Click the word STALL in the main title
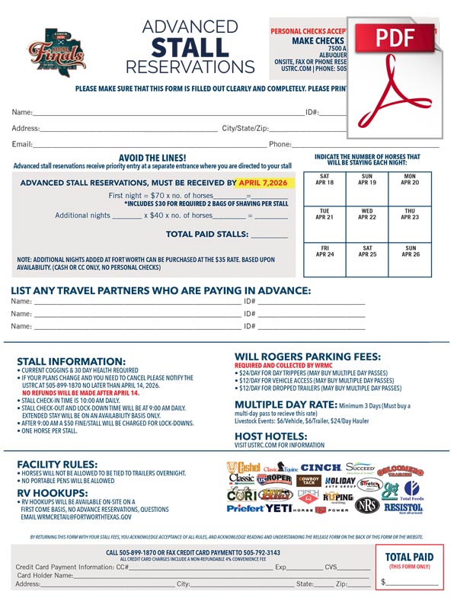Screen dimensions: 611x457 (190, 46)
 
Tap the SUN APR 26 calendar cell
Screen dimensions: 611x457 (410, 259)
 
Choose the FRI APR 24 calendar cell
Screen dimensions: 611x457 (324, 259)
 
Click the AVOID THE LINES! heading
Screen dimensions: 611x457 (152, 156)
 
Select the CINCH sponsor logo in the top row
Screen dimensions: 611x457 (321, 466)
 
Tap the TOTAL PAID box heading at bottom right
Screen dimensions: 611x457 (409, 558)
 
